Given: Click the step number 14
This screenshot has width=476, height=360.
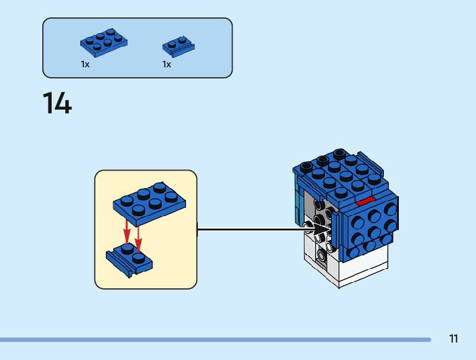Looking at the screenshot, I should click(x=57, y=103).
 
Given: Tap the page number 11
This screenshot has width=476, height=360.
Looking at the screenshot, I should click(x=454, y=339).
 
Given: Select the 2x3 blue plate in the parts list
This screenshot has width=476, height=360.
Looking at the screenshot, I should click(x=104, y=40).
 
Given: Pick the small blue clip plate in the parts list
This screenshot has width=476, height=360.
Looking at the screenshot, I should click(x=178, y=45).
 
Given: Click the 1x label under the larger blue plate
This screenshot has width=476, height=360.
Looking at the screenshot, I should click(x=85, y=64).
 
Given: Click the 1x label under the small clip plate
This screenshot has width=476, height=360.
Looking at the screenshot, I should click(x=167, y=64).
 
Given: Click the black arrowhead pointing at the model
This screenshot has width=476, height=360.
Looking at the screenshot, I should click(x=323, y=229).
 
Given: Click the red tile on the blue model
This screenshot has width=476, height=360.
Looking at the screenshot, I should click(x=365, y=201).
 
